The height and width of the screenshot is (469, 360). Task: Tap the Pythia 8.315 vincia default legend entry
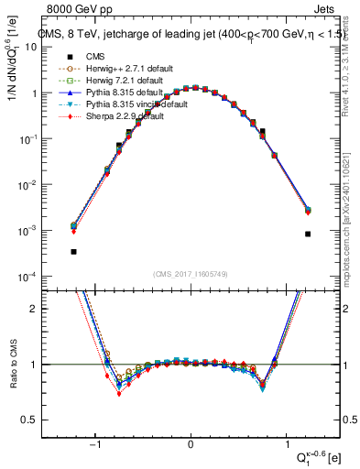pyautogui.click(x=127, y=105)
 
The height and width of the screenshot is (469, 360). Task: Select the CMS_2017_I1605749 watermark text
pyautogui.click(x=191, y=274)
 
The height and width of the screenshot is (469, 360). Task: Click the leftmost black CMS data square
pyautogui.click(x=73, y=251)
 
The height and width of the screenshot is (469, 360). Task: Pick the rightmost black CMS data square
pyautogui.click(x=308, y=234)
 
